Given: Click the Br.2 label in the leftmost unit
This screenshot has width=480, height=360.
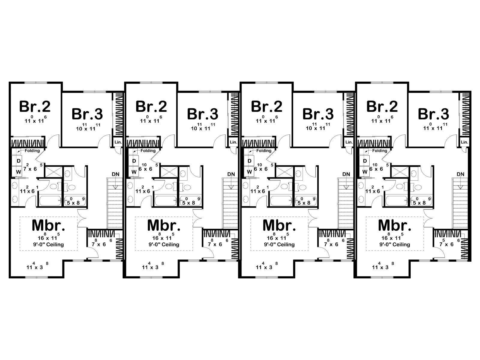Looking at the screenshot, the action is pyautogui.click(x=35, y=106).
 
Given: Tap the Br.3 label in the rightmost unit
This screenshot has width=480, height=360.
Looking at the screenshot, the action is pyautogui.click(x=433, y=114).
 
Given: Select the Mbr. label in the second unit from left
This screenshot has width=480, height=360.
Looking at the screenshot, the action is pyautogui.click(x=164, y=225).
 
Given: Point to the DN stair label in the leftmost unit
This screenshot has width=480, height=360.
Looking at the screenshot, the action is pyautogui.click(x=116, y=174).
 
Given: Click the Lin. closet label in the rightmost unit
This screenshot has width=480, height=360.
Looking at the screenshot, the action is pyautogui.click(x=464, y=142).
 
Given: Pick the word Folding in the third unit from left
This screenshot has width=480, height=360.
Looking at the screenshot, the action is pyautogui.click(x=264, y=151).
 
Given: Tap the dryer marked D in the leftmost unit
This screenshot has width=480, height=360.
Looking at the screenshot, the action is pyautogui.click(x=19, y=161).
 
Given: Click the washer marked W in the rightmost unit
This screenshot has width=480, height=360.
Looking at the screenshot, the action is pyautogui.click(x=365, y=172).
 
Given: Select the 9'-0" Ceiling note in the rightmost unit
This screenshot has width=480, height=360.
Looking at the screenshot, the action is pyautogui.click(x=395, y=244).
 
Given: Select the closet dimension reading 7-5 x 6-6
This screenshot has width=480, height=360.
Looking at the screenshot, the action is pyautogui.click(x=448, y=243).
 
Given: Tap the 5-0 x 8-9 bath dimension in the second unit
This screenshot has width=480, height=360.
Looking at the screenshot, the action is pyautogui.click(x=191, y=201).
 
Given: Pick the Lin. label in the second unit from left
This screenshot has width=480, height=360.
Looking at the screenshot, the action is pyautogui.click(x=233, y=142).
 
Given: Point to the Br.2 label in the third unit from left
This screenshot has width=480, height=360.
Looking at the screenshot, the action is pyautogui.click(x=267, y=106).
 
